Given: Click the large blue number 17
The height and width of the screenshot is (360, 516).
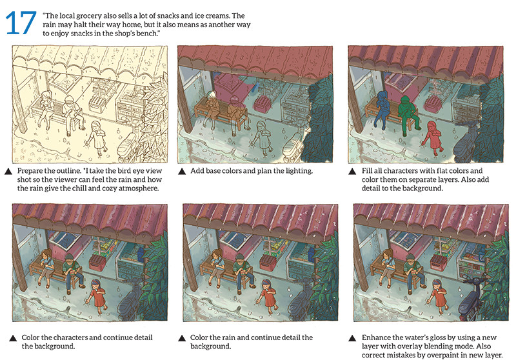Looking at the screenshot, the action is (21, 23).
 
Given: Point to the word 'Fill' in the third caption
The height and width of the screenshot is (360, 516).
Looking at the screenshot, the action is (366, 171).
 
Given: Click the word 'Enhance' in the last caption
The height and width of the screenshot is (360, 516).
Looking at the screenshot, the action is (376, 337).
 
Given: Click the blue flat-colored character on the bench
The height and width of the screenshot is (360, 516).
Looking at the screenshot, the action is (383, 108).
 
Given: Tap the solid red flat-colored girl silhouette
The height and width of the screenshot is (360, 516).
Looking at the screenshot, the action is (433, 137).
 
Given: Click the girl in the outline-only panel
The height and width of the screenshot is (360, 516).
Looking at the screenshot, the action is (95, 137).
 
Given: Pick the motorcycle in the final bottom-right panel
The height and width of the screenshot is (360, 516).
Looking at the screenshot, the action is (472, 299).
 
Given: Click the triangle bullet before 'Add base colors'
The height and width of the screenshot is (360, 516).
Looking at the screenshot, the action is (182, 172).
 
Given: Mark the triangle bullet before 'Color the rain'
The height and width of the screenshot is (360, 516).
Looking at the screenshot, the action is (182, 338).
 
